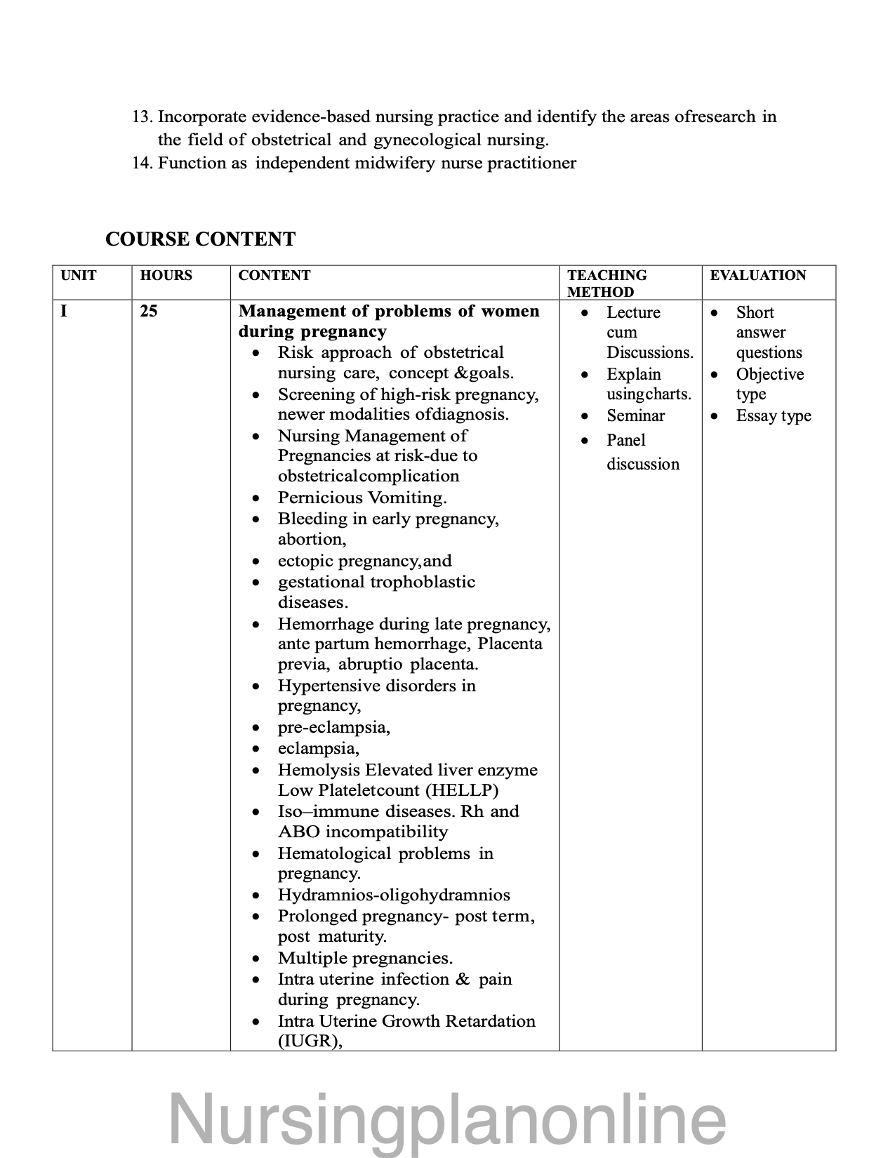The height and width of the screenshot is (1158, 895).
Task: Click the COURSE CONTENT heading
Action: coord(200,239)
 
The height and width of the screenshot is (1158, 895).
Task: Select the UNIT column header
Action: coord(78,275)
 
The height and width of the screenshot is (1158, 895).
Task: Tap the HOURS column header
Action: coord(166,275)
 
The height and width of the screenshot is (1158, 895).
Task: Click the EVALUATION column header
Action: coord(757,275)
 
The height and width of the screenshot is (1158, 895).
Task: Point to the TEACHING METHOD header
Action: coord(606,283)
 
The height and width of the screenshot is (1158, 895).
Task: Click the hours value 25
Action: coord(148,310)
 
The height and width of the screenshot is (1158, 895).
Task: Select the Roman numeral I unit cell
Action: coord(64,310)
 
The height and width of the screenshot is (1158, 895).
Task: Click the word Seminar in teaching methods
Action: coord(635,415)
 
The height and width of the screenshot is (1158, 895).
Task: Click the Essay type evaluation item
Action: coord(773,415)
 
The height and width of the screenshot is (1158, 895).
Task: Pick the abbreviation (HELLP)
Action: coord(462,790)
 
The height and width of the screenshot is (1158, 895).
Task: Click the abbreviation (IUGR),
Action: coord(310,1041)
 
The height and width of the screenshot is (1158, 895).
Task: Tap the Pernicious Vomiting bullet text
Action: coord(362,498)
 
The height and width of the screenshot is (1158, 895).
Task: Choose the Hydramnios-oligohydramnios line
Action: coord(393,895)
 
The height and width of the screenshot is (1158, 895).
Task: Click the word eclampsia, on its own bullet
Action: coord(318,748)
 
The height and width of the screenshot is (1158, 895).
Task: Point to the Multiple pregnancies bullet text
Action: coord(365,958)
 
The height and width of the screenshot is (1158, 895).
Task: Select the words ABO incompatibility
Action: coord(362,832)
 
